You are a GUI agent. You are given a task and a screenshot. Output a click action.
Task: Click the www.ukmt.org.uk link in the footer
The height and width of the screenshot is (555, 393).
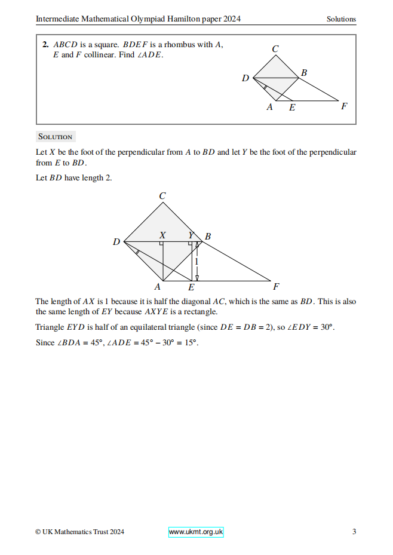[x=196, y=532]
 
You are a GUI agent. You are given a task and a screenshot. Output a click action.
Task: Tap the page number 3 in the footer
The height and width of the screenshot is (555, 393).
[x=354, y=532]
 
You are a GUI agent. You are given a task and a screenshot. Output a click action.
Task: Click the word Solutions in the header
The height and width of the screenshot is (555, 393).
[x=341, y=19]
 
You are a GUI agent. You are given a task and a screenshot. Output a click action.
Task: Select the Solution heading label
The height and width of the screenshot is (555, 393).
[x=55, y=137]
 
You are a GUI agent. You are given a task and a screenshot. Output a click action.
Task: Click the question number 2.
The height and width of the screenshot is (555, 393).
[x=45, y=44]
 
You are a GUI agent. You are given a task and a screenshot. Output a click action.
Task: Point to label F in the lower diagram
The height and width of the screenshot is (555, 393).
[x=276, y=286]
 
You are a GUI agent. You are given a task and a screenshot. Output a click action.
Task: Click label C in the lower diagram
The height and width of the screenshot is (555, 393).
[x=162, y=196]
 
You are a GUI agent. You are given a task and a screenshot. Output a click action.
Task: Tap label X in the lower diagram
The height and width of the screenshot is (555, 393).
[x=162, y=236]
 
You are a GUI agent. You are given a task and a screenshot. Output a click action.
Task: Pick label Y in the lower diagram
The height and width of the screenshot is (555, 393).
[x=191, y=236]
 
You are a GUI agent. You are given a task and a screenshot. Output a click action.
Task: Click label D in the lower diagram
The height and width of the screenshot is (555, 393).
[x=116, y=242]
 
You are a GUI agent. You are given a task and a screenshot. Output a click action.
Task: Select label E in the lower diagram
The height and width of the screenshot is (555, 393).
[x=191, y=287]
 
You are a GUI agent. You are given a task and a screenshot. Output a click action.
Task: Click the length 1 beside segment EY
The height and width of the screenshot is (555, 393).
[x=196, y=261]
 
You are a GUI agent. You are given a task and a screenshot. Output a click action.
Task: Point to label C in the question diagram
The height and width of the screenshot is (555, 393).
[x=275, y=50]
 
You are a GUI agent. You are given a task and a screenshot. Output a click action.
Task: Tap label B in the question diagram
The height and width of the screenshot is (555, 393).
[x=304, y=73]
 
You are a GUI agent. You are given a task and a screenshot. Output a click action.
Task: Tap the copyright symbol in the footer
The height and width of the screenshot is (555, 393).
[x=38, y=532]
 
